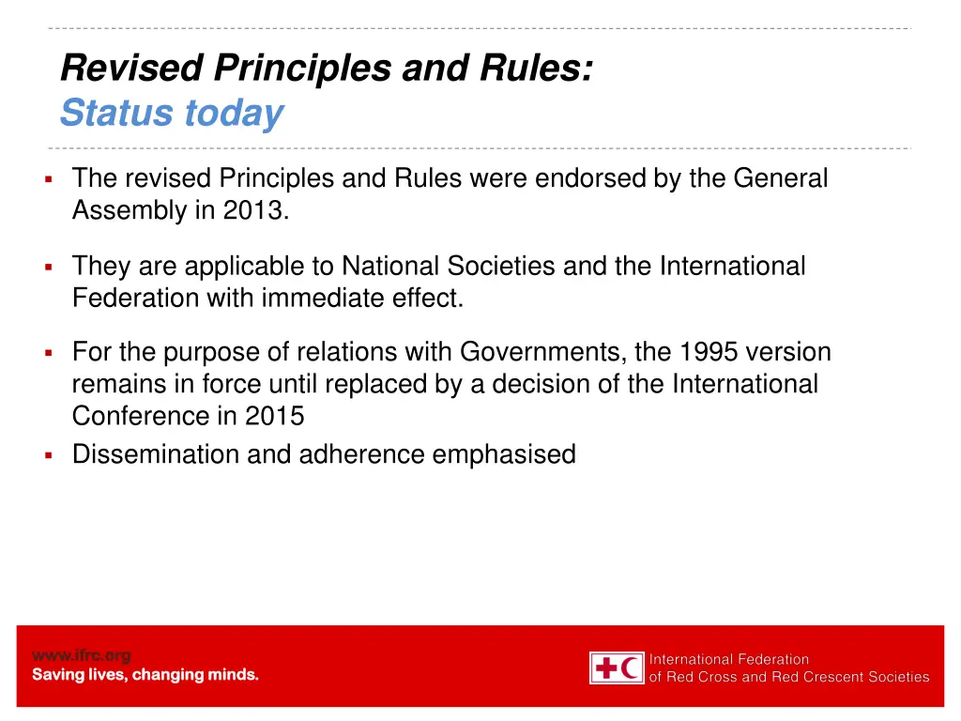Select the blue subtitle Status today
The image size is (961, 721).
point(171,114)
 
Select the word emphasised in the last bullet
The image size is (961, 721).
point(503,454)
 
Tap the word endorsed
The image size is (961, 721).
point(590,178)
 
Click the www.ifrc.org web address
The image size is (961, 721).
point(82,655)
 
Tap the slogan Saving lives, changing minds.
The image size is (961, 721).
point(145,674)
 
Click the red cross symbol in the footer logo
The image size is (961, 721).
point(607,668)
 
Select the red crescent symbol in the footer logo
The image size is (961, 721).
point(632,668)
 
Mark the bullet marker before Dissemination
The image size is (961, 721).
point(47,455)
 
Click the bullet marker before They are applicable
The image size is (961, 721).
point(47,268)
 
